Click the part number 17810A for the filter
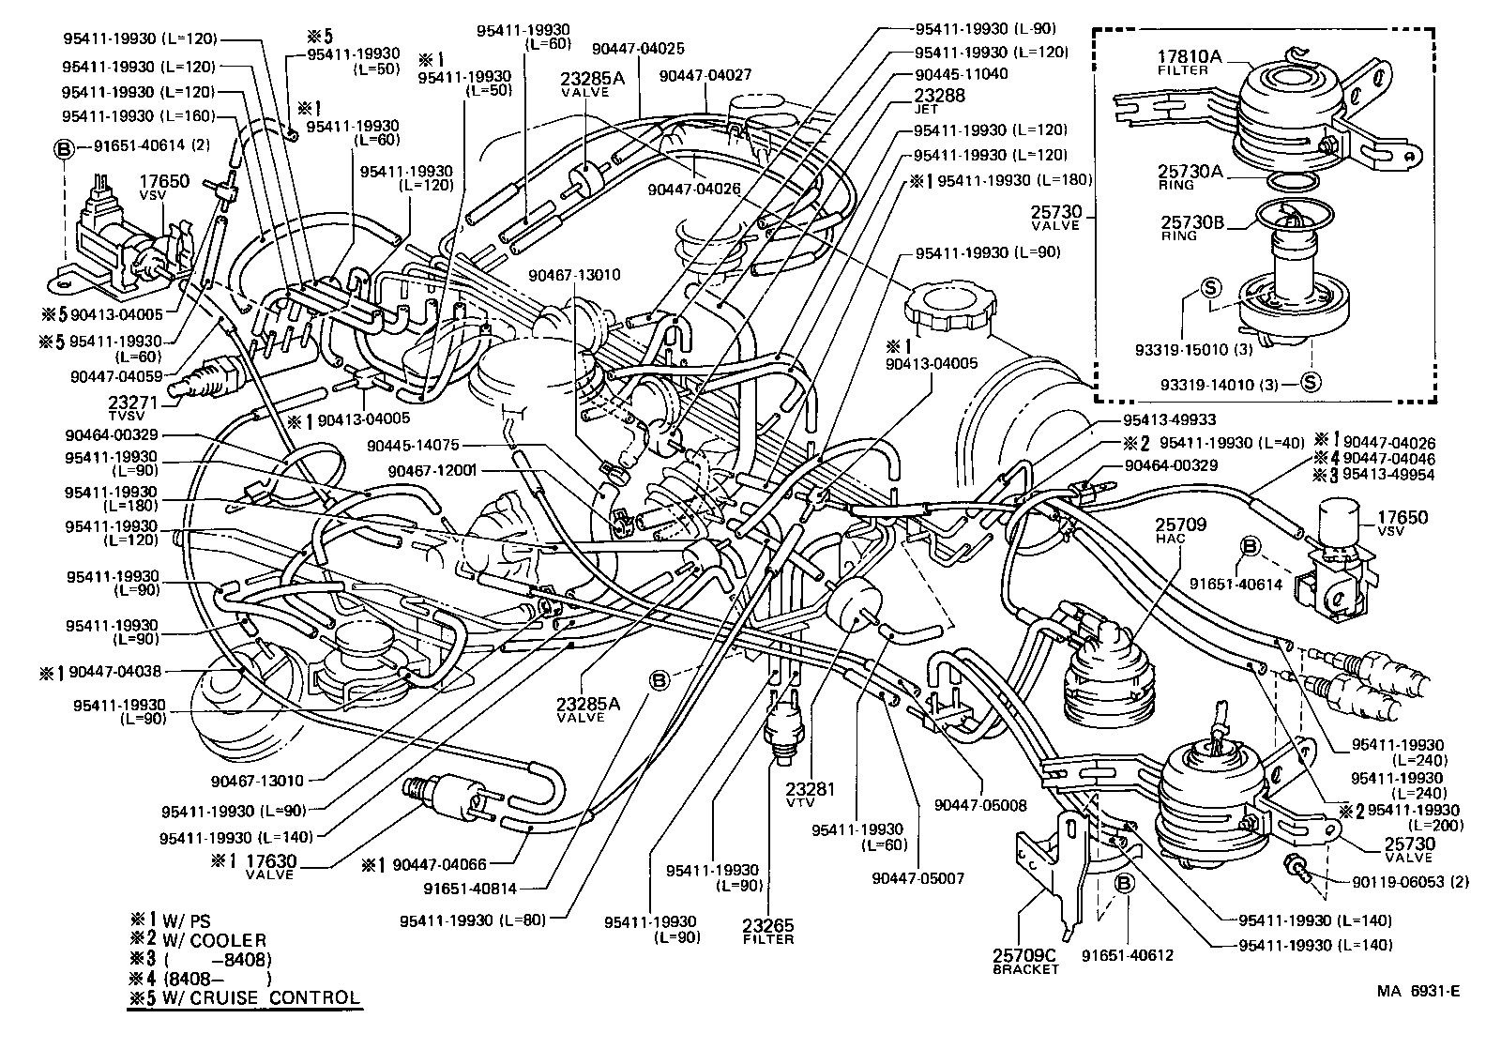click(x=1188, y=56)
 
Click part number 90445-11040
click(x=961, y=74)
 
